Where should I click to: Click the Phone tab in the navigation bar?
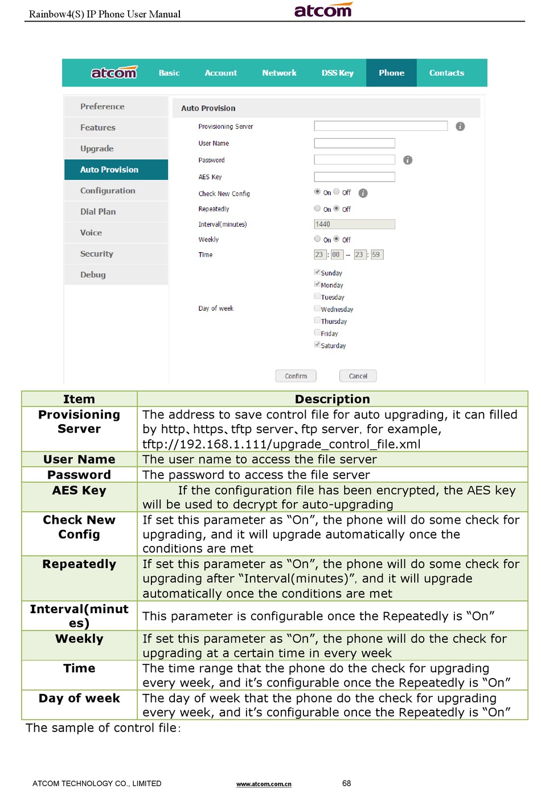pos(391,73)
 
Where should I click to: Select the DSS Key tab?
pos(337,73)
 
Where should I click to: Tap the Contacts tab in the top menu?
pos(446,73)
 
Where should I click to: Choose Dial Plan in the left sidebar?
pos(98,212)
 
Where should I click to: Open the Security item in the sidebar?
pos(97,254)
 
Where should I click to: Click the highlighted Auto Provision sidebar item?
pos(109,170)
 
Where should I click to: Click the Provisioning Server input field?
pos(380,126)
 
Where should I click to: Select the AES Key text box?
pos(354,177)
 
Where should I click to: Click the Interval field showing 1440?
pos(354,224)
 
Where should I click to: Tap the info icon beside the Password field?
pos(408,160)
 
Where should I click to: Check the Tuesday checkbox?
pos(317,296)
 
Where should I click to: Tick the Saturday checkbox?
pos(317,344)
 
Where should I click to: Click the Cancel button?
pos(358,376)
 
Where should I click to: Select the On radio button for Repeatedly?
pos(317,209)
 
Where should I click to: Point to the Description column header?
pos(332,399)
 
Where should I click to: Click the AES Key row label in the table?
pos(79,491)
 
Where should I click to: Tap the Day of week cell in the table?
pos(79,699)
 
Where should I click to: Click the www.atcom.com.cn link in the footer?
pos(264,784)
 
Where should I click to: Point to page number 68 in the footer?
pos(346,783)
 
